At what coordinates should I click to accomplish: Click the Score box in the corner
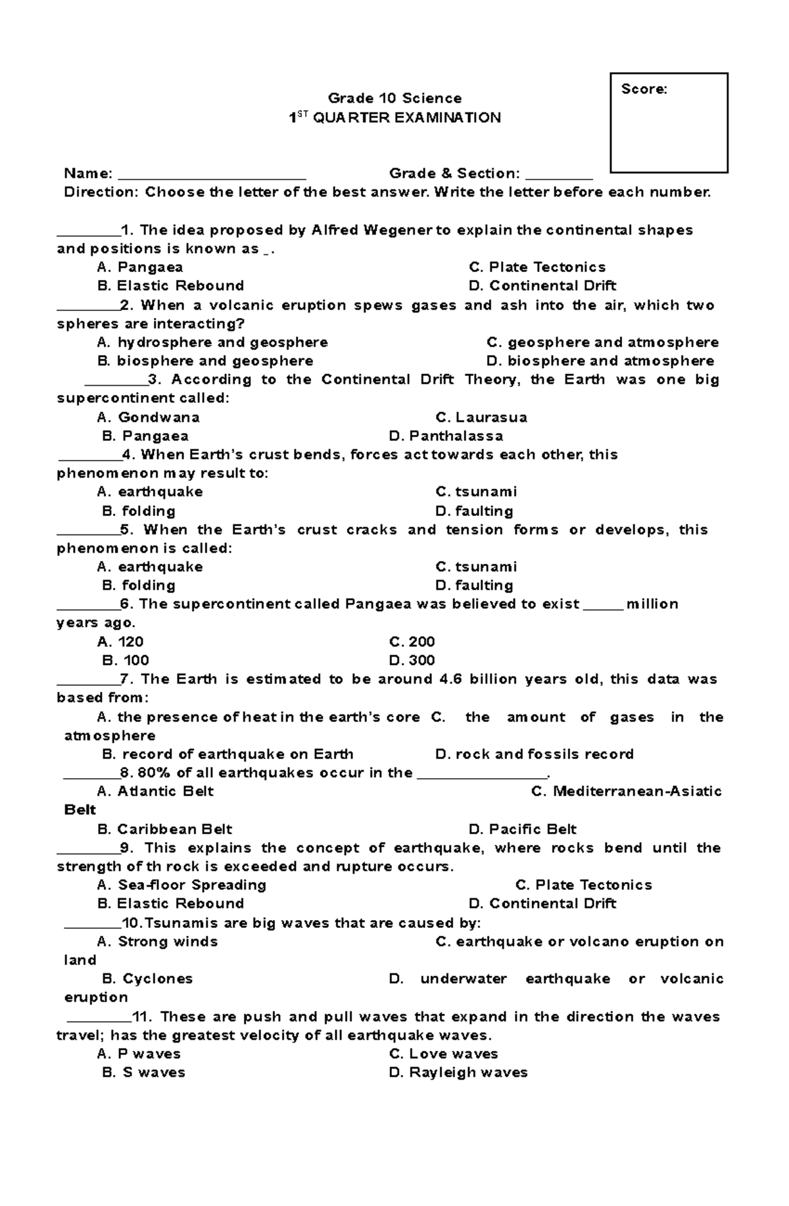click(x=669, y=123)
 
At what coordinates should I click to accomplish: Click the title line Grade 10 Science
click(x=394, y=99)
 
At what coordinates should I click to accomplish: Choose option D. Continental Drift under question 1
click(x=542, y=286)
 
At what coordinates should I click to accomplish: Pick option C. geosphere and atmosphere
click(x=602, y=342)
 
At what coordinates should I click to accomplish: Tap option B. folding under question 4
click(x=139, y=511)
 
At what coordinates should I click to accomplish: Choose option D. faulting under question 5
click(x=474, y=586)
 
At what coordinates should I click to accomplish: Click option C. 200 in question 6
click(x=412, y=642)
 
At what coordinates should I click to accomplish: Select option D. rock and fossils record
click(x=534, y=754)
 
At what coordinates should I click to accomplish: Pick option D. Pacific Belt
click(x=522, y=829)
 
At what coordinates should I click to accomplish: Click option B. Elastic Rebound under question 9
click(x=170, y=904)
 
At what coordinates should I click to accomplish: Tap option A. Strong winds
click(x=157, y=942)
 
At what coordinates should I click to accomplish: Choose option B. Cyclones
click(x=147, y=979)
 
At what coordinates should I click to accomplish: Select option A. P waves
click(x=139, y=1054)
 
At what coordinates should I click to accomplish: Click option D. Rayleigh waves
click(x=458, y=1073)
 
